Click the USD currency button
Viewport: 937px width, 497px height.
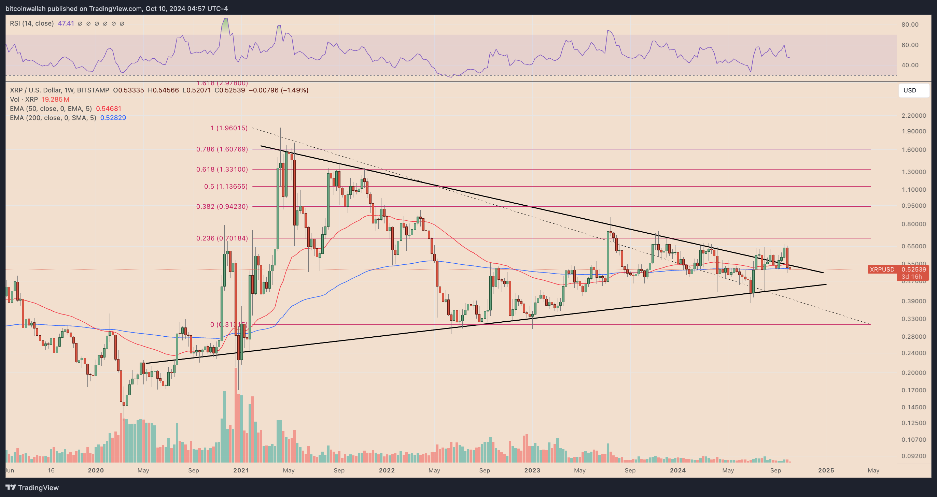pyautogui.click(x=913, y=90)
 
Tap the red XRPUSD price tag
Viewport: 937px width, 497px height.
pyautogui.click(x=882, y=269)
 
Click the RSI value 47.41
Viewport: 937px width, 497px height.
pyautogui.click(x=66, y=24)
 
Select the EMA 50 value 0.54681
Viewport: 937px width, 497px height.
pyautogui.click(x=108, y=108)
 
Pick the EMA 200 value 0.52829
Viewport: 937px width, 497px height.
pyautogui.click(x=113, y=118)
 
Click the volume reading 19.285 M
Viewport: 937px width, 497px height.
pyautogui.click(x=55, y=100)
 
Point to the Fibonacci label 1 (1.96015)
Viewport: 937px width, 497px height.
pyautogui.click(x=229, y=128)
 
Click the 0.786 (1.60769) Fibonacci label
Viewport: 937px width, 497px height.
pyautogui.click(x=222, y=149)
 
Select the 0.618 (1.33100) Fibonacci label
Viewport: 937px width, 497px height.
pyautogui.click(x=222, y=169)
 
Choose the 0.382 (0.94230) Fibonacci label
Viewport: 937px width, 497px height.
pyautogui.click(x=222, y=206)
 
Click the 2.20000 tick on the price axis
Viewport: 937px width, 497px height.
pyautogui.click(x=913, y=116)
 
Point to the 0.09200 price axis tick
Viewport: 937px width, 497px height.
pyautogui.click(x=913, y=456)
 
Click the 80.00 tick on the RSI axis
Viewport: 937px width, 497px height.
pyautogui.click(x=910, y=25)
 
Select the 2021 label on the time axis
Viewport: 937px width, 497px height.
pyautogui.click(x=241, y=470)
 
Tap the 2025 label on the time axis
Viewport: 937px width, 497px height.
pyautogui.click(x=826, y=470)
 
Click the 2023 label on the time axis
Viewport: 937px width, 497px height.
pyautogui.click(x=532, y=470)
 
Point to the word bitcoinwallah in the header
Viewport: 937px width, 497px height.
pyautogui.click(x=26, y=8)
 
